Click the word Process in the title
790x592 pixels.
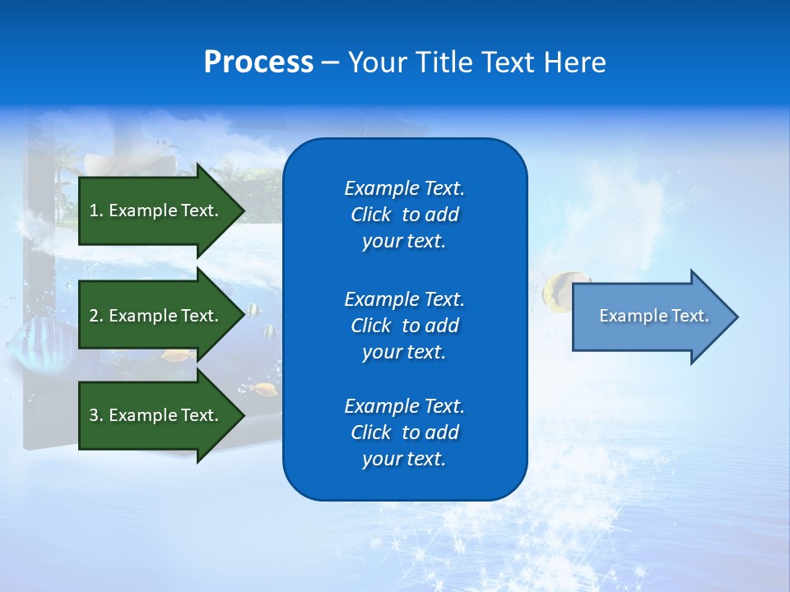[258, 62]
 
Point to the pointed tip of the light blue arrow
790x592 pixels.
[736, 317]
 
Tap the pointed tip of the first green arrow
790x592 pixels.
[243, 210]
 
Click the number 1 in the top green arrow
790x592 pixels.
[94, 210]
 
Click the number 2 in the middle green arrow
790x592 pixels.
[94, 316]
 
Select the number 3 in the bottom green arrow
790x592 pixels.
[94, 415]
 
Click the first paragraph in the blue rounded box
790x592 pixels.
[404, 215]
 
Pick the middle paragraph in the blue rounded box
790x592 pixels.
[404, 326]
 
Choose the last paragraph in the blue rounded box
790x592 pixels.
[404, 432]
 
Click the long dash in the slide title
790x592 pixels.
[330, 62]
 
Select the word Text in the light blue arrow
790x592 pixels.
[690, 316]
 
